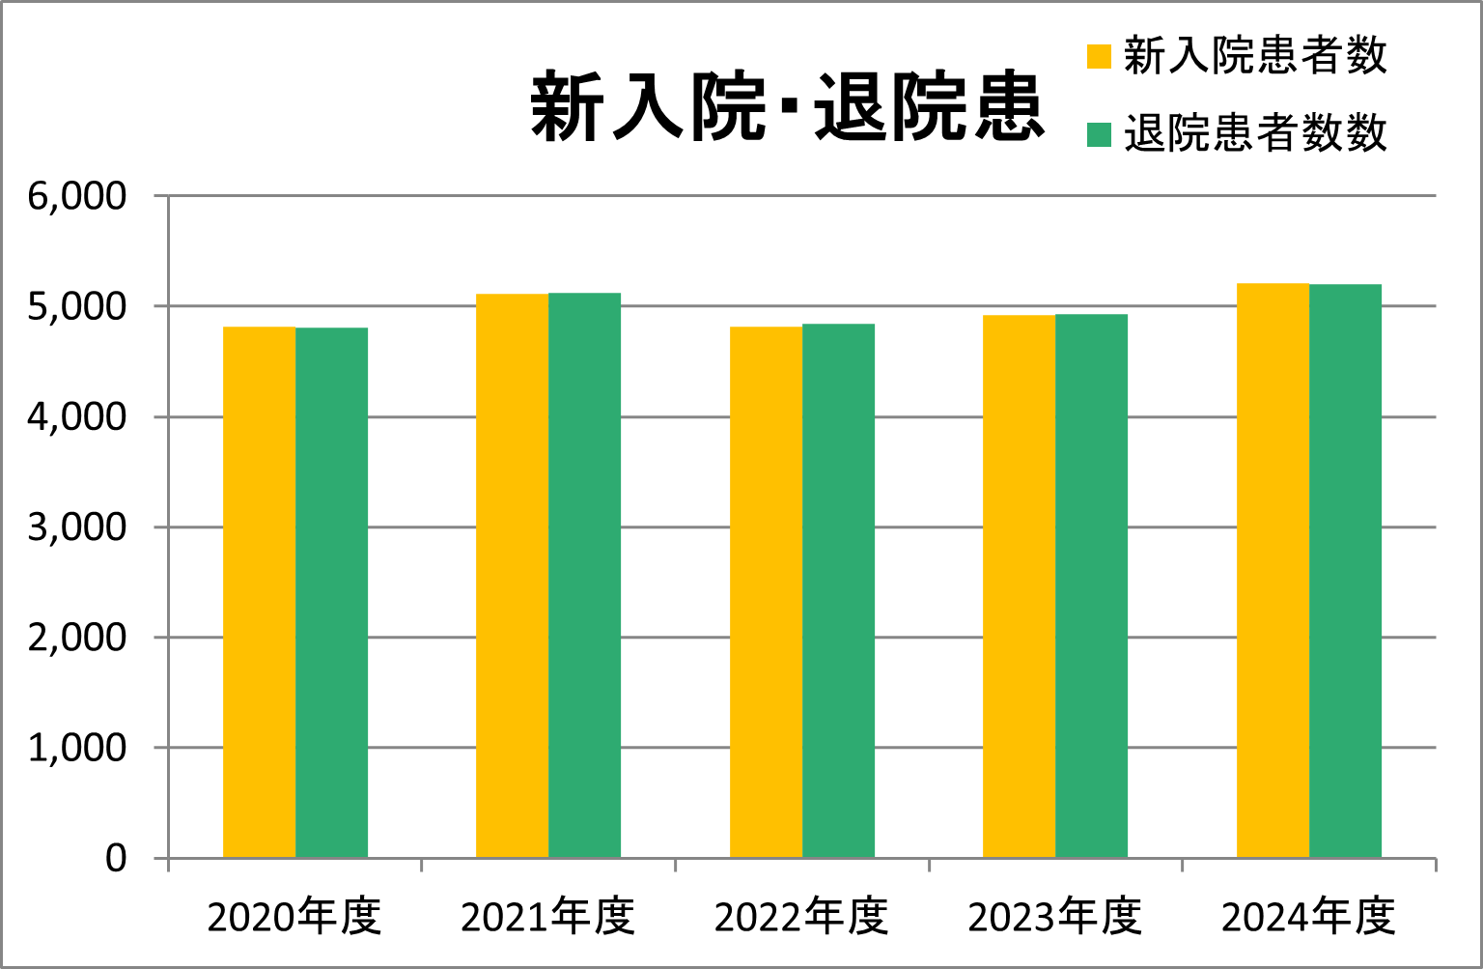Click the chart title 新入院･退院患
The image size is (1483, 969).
tap(787, 106)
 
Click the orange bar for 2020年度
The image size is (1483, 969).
tap(259, 592)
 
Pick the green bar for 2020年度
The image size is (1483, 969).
tap(331, 592)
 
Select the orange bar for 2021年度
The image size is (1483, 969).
tap(512, 576)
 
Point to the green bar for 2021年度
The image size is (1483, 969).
tap(584, 576)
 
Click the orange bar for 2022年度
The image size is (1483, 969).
tap(766, 592)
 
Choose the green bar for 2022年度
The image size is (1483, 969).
tap(838, 590)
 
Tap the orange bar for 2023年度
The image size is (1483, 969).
tap(1019, 586)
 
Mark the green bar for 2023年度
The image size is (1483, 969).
tap(1091, 585)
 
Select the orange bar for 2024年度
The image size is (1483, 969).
tap(1273, 570)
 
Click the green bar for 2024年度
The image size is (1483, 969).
tap(1345, 571)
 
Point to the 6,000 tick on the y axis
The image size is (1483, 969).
tap(77, 196)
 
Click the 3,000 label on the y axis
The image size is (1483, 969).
tap(77, 527)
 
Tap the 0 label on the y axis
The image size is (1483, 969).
tap(116, 858)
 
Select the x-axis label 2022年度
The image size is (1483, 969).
tap(801, 917)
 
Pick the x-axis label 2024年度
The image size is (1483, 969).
tap(1308, 917)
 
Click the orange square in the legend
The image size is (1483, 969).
tap(1099, 56)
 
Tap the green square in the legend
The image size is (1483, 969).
tap(1099, 134)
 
